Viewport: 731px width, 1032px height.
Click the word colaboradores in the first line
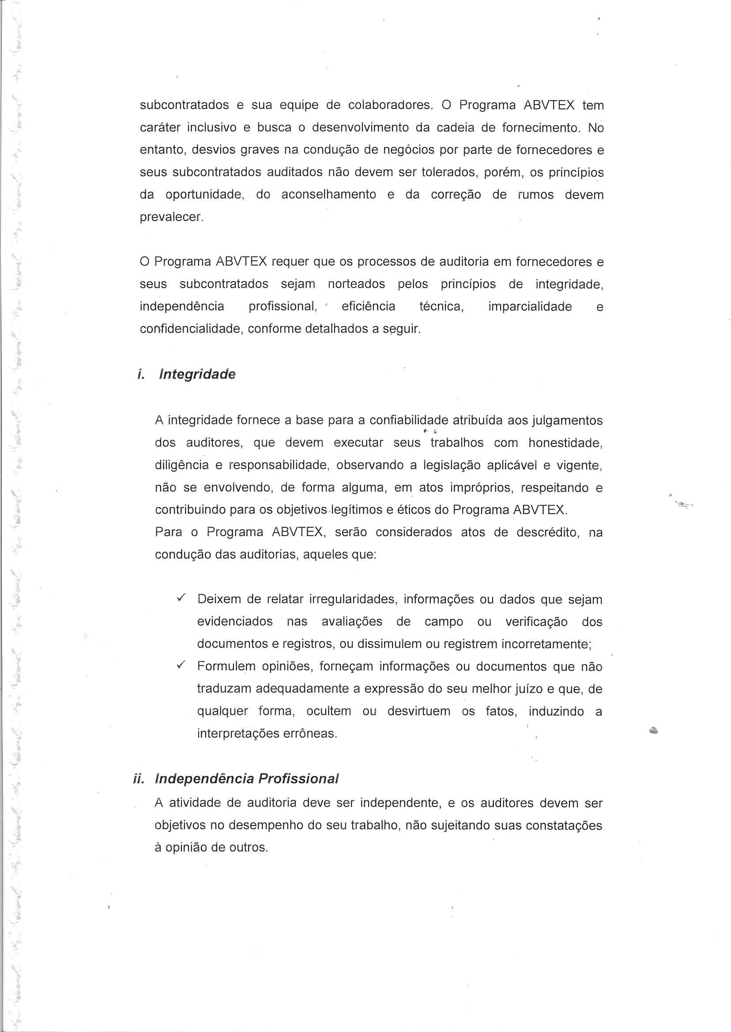pyautogui.click(x=390, y=105)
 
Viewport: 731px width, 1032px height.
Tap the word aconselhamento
pyautogui.click(x=328, y=195)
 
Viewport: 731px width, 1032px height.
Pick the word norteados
pyautogui.click(x=357, y=284)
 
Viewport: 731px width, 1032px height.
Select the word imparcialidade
pyautogui.click(x=530, y=307)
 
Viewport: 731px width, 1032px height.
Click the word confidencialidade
pyautogui.click(x=192, y=329)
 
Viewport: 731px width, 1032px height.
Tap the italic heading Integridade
pyautogui.click(x=197, y=374)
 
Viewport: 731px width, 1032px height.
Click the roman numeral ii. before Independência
pyautogui.click(x=139, y=779)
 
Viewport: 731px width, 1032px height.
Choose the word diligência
pyautogui.click(x=182, y=465)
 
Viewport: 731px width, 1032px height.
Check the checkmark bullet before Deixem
pyautogui.click(x=181, y=598)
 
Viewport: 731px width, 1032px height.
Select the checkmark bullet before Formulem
pyautogui.click(x=181, y=665)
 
